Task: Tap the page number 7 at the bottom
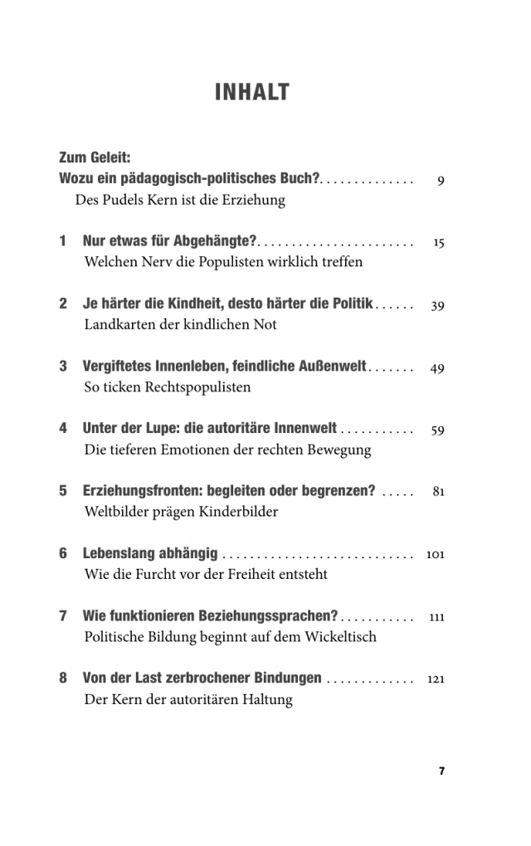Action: click(x=441, y=771)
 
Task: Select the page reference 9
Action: click(x=441, y=180)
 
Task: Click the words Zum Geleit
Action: click(x=95, y=157)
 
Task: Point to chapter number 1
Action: click(x=63, y=241)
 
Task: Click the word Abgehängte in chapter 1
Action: click(x=213, y=241)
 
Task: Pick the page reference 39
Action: click(x=437, y=305)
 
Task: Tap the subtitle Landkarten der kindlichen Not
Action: click(x=180, y=324)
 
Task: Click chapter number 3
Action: click(x=63, y=367)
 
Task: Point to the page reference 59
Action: click(x=437, y=430)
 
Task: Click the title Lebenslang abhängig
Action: click(x=150, y=553)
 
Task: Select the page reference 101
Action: click(x=435, y=554)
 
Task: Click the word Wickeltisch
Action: click(x=339, y=636)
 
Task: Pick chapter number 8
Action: click(x=63, y=678)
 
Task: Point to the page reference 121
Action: click(x=436, y=679)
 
